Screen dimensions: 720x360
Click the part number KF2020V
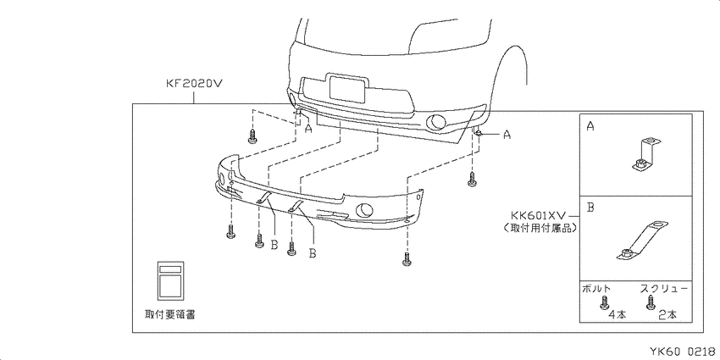(193, 84)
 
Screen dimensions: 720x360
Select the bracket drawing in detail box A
(645, 154)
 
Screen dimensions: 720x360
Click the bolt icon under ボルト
(605, 303)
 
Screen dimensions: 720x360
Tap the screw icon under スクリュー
(651, 302)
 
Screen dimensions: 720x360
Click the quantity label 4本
(618, 315)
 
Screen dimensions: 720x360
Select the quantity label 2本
(667, 315)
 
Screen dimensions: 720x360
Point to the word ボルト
(596, 289)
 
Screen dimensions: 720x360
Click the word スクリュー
(664, 288)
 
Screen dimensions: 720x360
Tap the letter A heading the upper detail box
(590, 126)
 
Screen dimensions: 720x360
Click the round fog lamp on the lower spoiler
(364, 209)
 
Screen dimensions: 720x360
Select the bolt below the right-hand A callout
(472, 179)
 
